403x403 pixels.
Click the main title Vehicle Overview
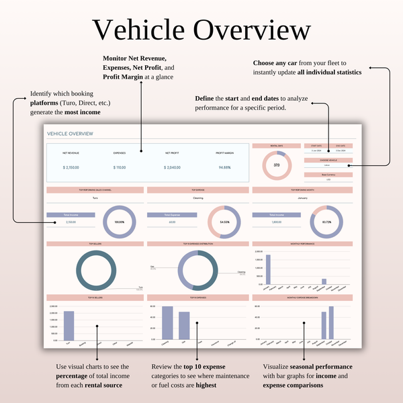click(201, 31)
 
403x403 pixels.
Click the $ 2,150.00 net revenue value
click(72, 167)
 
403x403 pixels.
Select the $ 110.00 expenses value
click(120, 167)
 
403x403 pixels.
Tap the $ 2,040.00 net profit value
click(172, 167)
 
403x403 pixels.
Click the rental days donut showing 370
click(276, 165)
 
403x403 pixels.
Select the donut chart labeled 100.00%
click(120, 221)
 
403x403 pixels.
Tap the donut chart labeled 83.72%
click(326, 221)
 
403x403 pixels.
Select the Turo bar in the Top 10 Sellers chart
click(69, 326)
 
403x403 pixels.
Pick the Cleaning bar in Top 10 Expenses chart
click(167, 324)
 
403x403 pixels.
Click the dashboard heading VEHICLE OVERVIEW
click(71, 134)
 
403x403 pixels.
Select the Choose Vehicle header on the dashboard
click(326, 160)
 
